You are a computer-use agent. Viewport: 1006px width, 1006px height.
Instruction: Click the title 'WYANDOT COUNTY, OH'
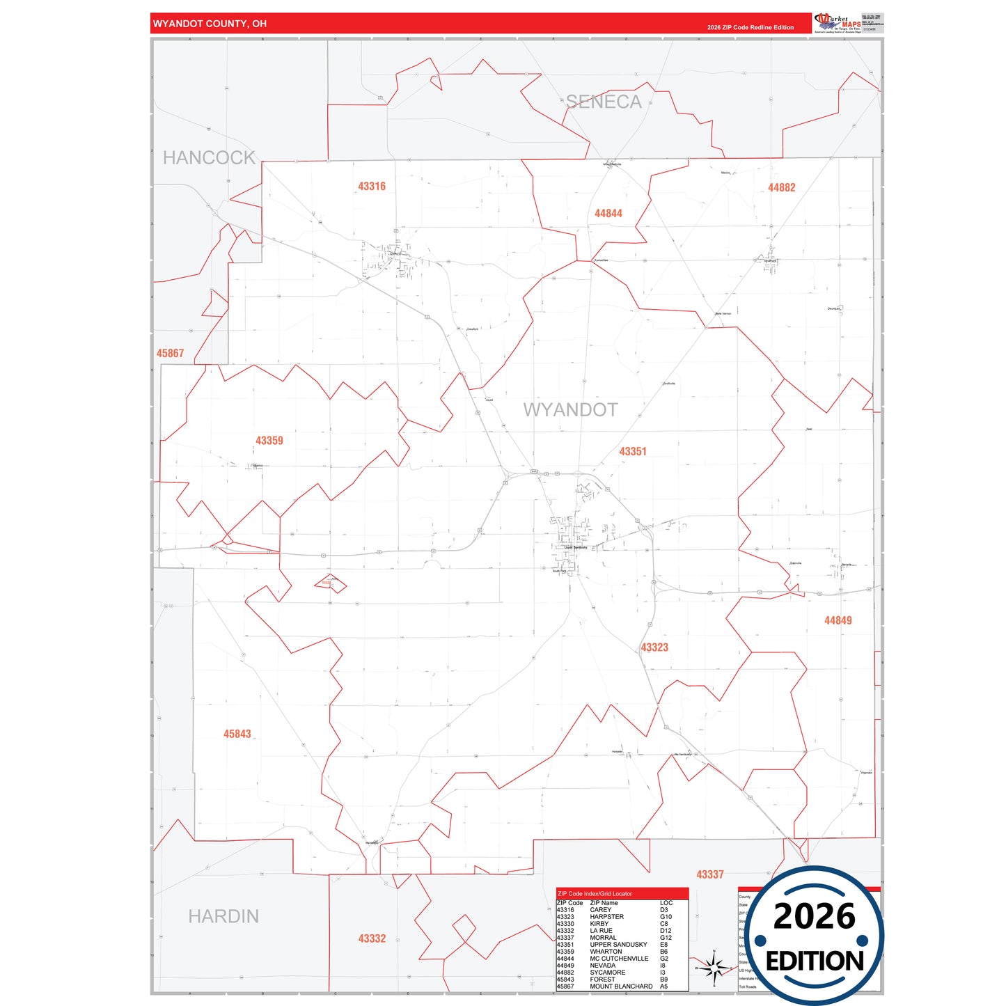pos(210,24)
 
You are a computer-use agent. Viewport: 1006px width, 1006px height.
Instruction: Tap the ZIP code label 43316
pos(372,187)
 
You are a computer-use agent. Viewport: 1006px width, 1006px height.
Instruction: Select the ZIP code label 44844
pos(608,214)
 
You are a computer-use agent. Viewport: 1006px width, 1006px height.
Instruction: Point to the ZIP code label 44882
pos(781,188)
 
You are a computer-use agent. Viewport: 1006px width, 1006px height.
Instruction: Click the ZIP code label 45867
pos(170,354)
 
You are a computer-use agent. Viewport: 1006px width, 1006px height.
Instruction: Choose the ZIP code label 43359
pos(269,441)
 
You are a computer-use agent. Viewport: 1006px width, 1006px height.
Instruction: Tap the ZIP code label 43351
pos(633,452)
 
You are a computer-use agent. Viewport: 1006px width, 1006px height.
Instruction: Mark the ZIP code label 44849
pos(838,620)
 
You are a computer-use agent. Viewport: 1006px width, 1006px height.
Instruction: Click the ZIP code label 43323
pos(654,647)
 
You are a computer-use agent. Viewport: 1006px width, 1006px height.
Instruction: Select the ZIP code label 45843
pos(237,734)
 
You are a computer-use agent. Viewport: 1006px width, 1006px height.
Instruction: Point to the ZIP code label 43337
pos(710,874)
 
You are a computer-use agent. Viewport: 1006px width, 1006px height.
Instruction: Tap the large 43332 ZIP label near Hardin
pos(372,938)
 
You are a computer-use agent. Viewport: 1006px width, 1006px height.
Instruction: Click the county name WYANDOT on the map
pos(570,410)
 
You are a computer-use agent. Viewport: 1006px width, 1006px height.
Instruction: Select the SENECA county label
pos(604,102)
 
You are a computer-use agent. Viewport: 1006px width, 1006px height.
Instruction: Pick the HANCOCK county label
pos(209,158)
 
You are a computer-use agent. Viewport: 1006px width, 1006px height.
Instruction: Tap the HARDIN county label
pos(223,916)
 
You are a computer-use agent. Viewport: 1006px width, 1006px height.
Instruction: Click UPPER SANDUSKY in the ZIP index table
pos(618,945)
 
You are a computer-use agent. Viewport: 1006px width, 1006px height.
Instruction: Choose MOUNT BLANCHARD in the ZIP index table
pos(621,987)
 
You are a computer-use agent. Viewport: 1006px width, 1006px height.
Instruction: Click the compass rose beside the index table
pos(714,968)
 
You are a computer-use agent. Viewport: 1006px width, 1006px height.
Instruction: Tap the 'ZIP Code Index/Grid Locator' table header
pos(595,893)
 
